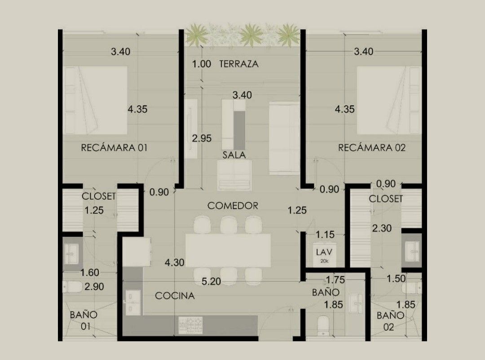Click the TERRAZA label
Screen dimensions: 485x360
238,64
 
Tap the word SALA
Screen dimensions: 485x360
234,155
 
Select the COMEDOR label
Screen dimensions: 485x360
233,205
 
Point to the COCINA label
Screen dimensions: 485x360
175,296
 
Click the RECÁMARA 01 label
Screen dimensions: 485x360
114,148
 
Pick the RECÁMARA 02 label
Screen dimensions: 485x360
372,148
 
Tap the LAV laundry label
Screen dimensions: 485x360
324,252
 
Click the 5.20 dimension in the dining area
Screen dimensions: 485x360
211,281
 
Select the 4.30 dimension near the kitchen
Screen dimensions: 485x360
174,262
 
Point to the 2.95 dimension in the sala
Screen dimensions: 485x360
202,138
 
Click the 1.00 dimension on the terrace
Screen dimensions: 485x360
201,64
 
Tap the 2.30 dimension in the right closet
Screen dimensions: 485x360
382,228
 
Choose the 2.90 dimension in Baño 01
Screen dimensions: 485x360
94,287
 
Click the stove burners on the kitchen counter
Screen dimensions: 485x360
190,325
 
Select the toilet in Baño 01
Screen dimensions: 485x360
72,287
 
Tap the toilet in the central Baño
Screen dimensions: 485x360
323,325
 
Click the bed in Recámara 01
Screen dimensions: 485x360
95,100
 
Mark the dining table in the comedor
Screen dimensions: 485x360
228,250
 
